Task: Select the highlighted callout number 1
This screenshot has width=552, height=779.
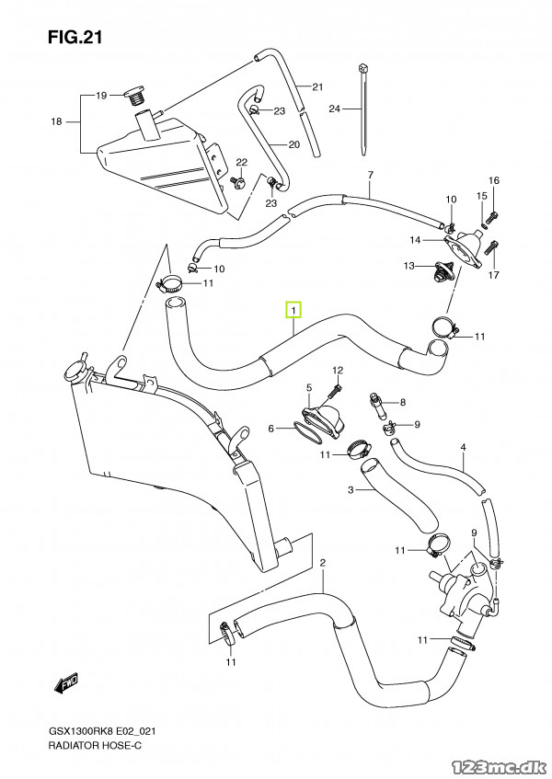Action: (293, 311)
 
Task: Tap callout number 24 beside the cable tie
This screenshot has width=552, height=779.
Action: (335, 109)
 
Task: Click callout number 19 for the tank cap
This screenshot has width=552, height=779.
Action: (102, 95)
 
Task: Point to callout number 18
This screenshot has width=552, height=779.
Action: (56, 121)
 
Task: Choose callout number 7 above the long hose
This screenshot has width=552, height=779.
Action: (370, 175)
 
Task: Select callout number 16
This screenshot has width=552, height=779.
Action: (493, 180)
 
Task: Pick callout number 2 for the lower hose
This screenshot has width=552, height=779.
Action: (323, 562)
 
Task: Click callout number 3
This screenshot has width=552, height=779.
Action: (350, 490)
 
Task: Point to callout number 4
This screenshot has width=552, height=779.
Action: (464, 448)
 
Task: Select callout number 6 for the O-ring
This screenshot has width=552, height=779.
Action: (271, 429)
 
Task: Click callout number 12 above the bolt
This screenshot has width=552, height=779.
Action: (338, 370)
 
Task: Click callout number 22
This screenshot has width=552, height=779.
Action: (242, 162)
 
